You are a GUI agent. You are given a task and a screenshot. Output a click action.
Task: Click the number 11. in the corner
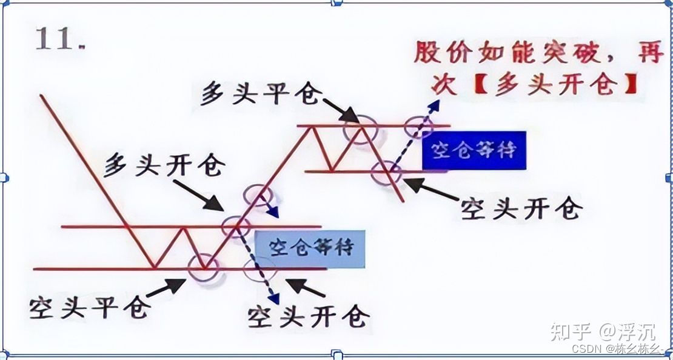point(60,40)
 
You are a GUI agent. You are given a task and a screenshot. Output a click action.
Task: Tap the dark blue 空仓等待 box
point(474,149)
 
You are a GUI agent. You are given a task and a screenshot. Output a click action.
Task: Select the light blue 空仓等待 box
point(310,248)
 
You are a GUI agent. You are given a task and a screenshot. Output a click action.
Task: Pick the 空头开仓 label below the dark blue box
point(521,208)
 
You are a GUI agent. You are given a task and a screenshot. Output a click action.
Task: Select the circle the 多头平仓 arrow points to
point(360,128)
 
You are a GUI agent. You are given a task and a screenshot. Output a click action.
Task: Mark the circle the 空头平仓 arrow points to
point(203,267)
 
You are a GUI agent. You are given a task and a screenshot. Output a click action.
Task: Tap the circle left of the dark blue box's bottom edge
point(386,172)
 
